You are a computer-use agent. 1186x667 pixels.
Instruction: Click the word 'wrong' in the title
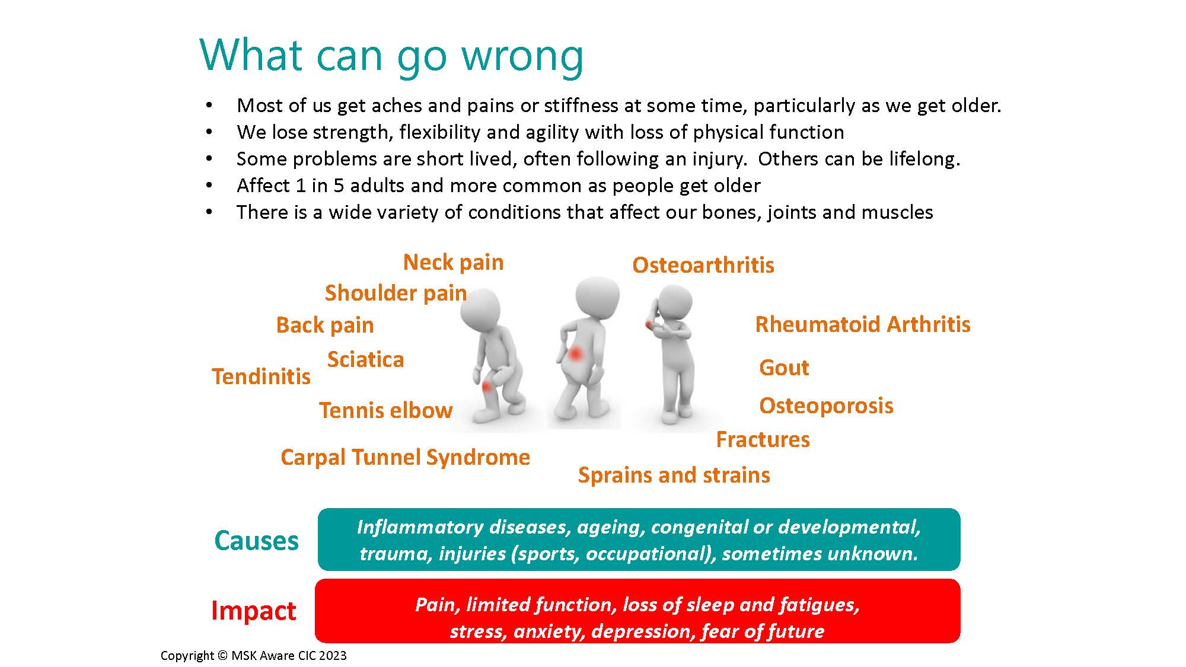coord(522,57)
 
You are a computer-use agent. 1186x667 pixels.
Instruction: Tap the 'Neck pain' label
coord(454,262)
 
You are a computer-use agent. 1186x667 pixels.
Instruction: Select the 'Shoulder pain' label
coord(396,293)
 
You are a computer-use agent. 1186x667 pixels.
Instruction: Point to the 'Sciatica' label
coord(365,359)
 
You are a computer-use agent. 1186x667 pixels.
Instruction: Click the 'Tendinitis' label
coord(261,376)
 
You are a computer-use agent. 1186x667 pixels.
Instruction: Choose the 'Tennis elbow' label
coord(386,410)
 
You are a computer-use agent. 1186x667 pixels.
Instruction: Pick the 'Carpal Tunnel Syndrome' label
coord(406,457)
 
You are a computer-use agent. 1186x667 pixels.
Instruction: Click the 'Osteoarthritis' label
coord(703,265)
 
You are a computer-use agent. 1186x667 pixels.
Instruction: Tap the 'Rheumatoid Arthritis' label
coord(863,324)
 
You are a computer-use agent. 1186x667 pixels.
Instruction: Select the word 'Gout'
coord(784,368)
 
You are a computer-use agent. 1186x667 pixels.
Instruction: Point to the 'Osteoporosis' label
coord(826,406)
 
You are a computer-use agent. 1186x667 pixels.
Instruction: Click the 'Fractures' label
coord(763,439)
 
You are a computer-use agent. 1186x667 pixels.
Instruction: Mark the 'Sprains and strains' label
coord(674,475)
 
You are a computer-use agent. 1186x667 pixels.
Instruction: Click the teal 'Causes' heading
coord(256,541)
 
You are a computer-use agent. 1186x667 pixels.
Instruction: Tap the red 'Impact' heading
coord(253,611)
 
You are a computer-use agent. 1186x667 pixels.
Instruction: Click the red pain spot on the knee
coord(487,387)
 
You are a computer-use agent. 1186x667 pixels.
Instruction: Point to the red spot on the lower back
coord(575,355)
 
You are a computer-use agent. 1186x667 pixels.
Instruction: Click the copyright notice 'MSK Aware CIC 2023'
coord(289,656)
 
